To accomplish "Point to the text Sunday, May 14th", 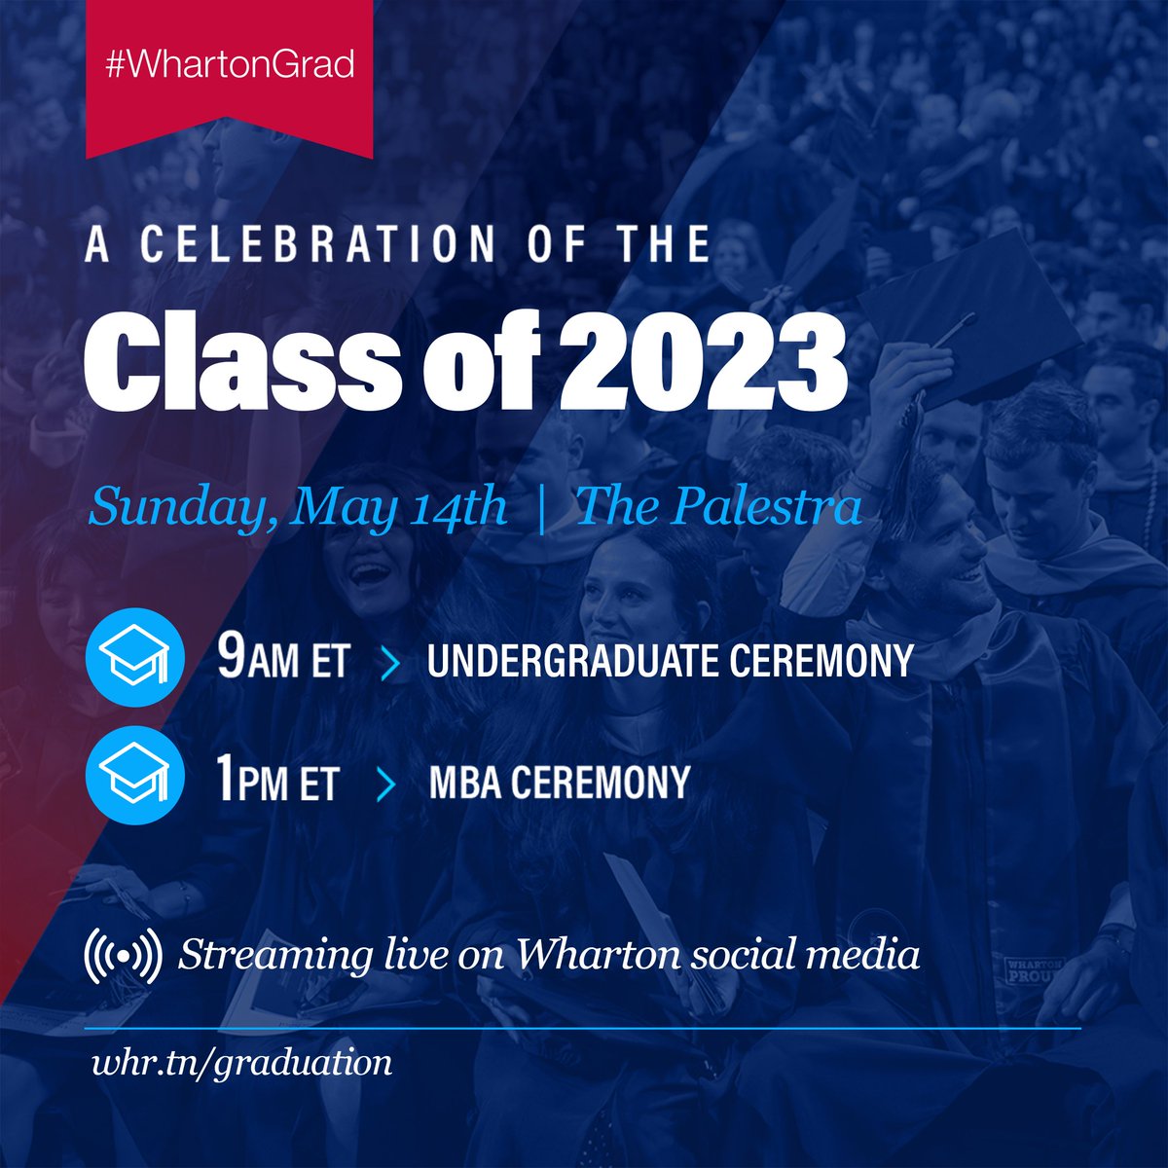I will [298, 507].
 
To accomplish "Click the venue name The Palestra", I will [718, 507].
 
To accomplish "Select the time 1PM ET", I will [277, 783].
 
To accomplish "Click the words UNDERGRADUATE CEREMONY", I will [670, 661].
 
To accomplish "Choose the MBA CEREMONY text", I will [559, 783].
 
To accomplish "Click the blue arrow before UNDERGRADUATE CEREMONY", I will [391, 662].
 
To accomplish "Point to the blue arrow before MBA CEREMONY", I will [385, 784].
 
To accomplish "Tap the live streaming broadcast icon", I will [123, 955].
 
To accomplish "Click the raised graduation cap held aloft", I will [964, 311].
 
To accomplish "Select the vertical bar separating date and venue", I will [541, 507].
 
